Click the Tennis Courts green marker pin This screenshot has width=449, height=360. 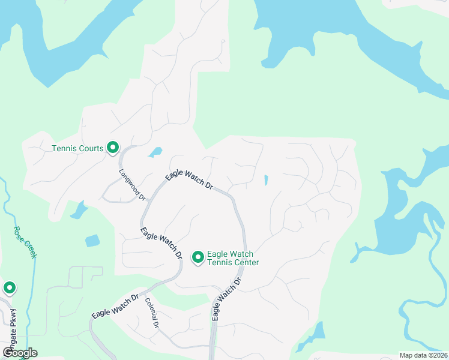(112, 146)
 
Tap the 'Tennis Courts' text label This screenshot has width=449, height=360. (78, 148)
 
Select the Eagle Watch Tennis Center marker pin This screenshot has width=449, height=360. (197, 257)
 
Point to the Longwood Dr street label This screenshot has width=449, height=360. (132, 184)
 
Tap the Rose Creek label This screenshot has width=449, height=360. (26, 242)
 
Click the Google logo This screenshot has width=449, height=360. (20, 352)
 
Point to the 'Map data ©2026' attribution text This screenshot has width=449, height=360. (424, 355)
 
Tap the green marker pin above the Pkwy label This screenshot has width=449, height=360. (10, 288)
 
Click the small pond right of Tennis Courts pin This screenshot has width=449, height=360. (155, 152)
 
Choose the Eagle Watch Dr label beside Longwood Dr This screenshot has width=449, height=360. (190, 180)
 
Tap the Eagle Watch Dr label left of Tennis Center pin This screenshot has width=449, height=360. (161, 242)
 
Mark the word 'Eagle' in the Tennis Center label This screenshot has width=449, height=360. (218, 254)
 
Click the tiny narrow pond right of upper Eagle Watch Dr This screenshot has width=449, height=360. (265, 180)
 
